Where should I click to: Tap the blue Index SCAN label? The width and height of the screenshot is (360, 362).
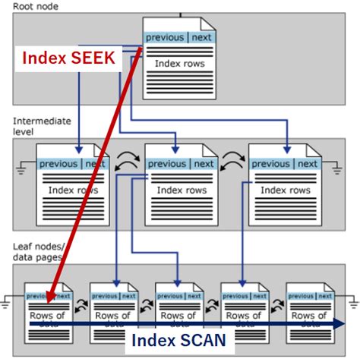[x=179, y=340]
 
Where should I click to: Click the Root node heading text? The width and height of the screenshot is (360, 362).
[x=36, y=6]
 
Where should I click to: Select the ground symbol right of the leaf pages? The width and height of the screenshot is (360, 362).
[x=352, y=302]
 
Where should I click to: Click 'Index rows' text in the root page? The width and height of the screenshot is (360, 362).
[x=179, y=64]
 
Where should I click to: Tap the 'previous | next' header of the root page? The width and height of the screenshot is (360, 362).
[x=179, y=37]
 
